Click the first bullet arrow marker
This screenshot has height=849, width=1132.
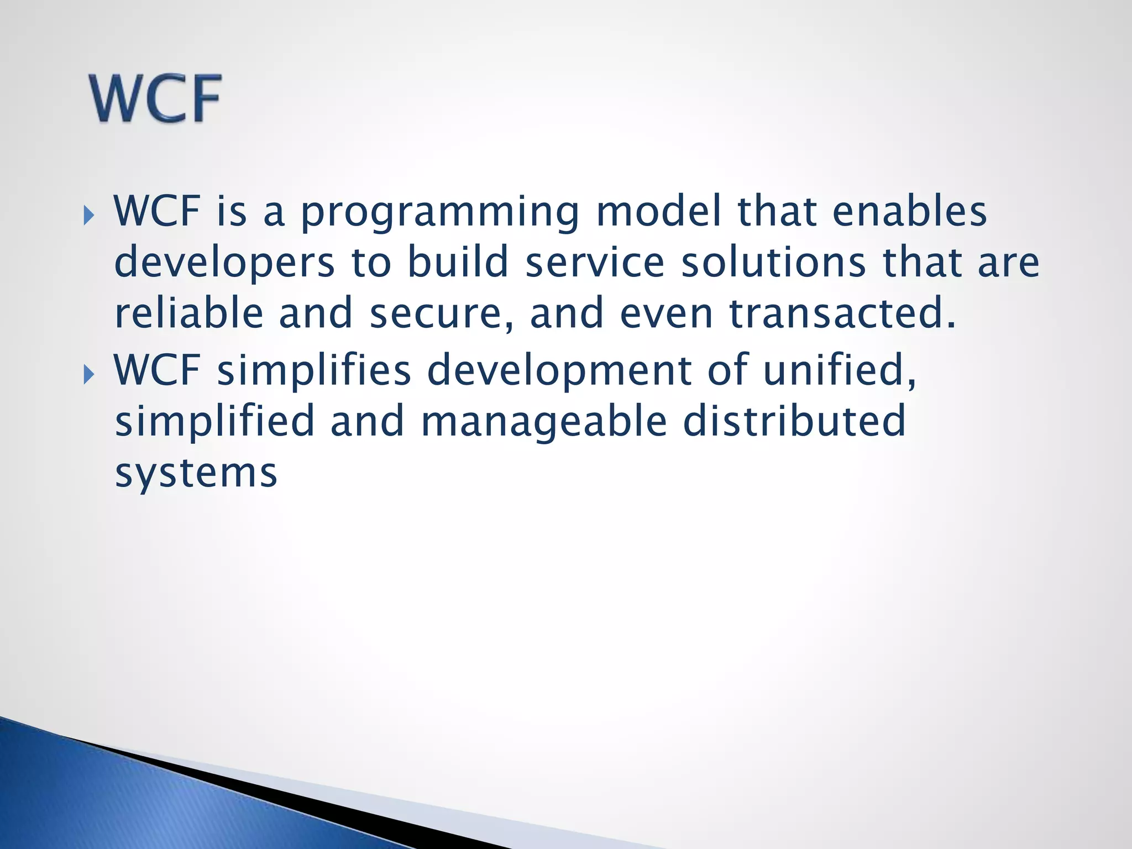point(88,215)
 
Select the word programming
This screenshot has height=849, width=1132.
point(439,213)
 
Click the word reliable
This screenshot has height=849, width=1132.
point(188,312)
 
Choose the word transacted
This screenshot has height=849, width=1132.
point(841,312)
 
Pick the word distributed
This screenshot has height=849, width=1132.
point(794,420)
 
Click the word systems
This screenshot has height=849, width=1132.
point(196,474)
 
